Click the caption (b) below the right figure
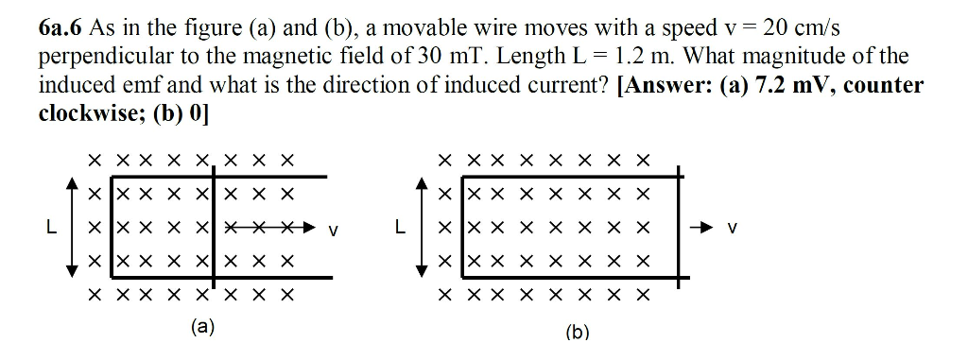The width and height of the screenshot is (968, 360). [x=577, y=332]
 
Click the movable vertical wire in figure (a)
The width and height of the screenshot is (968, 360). [x=215, y=227]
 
